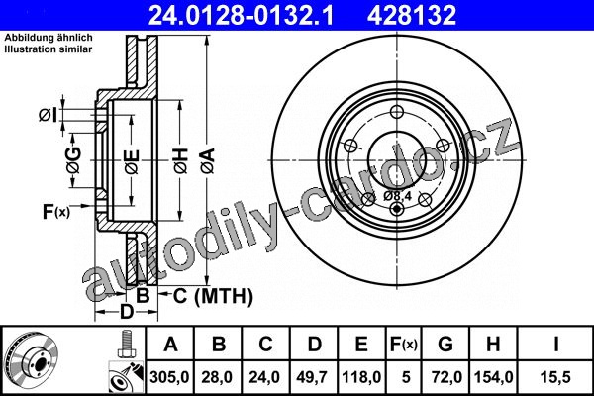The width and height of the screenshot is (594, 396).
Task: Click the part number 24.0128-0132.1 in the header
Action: coord(241,15)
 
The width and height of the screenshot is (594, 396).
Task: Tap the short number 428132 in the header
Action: coord(412,15)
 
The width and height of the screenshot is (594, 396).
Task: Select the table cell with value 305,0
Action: coord(169,377)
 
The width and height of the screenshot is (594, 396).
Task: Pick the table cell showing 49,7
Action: coord(313,377)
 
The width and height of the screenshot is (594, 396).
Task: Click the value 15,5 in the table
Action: coord(555,377)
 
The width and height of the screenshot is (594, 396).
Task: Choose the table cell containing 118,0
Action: coord(361,377)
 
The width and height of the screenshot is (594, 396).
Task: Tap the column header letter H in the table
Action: coord(493,345)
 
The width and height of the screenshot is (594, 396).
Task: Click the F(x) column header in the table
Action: coord(404,345)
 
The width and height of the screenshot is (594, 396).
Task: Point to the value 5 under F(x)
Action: coord(406,377)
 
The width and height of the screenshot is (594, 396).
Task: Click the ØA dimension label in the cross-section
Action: coord(208,161)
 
